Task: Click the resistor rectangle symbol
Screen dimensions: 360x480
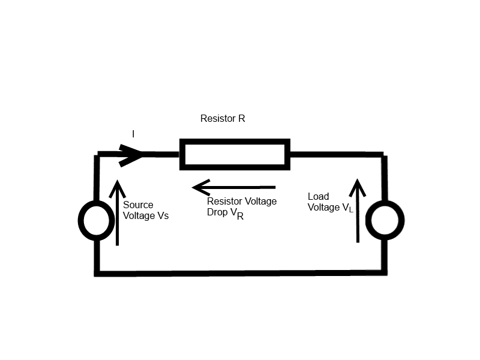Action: tap(235, 154)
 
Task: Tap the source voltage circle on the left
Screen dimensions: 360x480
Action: tap(96, 221)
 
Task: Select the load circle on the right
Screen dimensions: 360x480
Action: tap(383, 221)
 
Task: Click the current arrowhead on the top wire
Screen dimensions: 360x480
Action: tap(133, 155)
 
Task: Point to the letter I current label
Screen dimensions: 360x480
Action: tap(133, 134)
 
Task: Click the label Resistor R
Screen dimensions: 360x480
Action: tap(223, 119)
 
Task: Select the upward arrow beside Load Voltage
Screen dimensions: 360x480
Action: tap(358, 210)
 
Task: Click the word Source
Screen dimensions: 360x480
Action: tap(138, 205)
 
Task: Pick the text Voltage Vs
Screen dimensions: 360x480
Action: tap(146, 215)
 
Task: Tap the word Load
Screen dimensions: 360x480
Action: tap(318, 197)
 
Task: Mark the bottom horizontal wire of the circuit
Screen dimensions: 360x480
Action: tap(240, 273)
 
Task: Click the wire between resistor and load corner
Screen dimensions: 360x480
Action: tap(336, 154)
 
